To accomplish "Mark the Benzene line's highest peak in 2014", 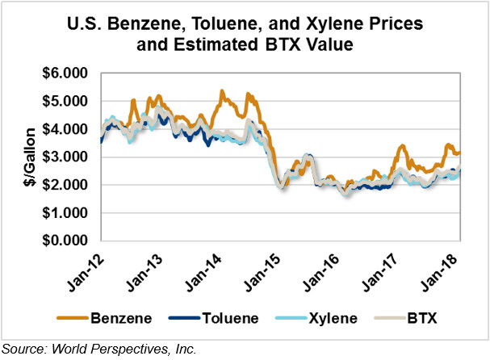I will pyautogui.click(x=220, y=91).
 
